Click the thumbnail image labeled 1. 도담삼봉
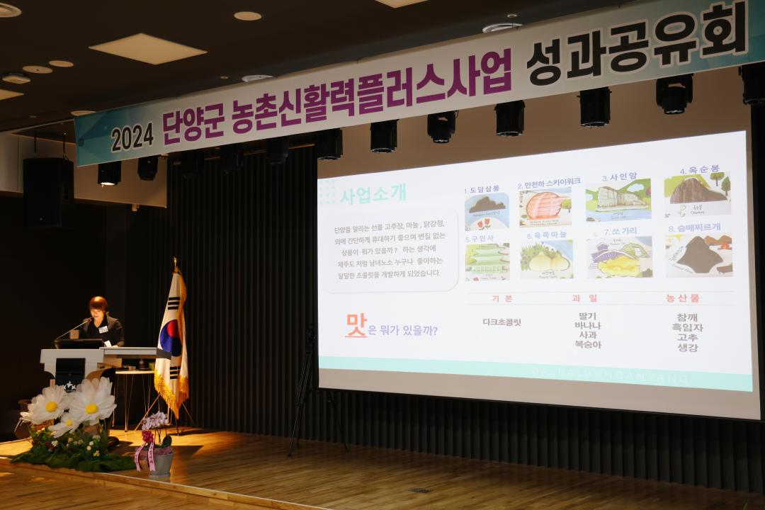coord(487,211)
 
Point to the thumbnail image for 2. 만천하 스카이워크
coord(545,207)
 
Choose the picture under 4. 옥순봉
coord(697,194)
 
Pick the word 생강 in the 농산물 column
coord(688,348)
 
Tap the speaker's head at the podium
coord(98,307)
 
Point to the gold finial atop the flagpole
coord(175,263)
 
